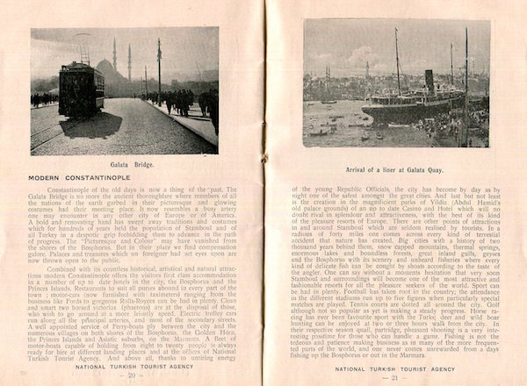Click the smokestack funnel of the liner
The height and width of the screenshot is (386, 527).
430,80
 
